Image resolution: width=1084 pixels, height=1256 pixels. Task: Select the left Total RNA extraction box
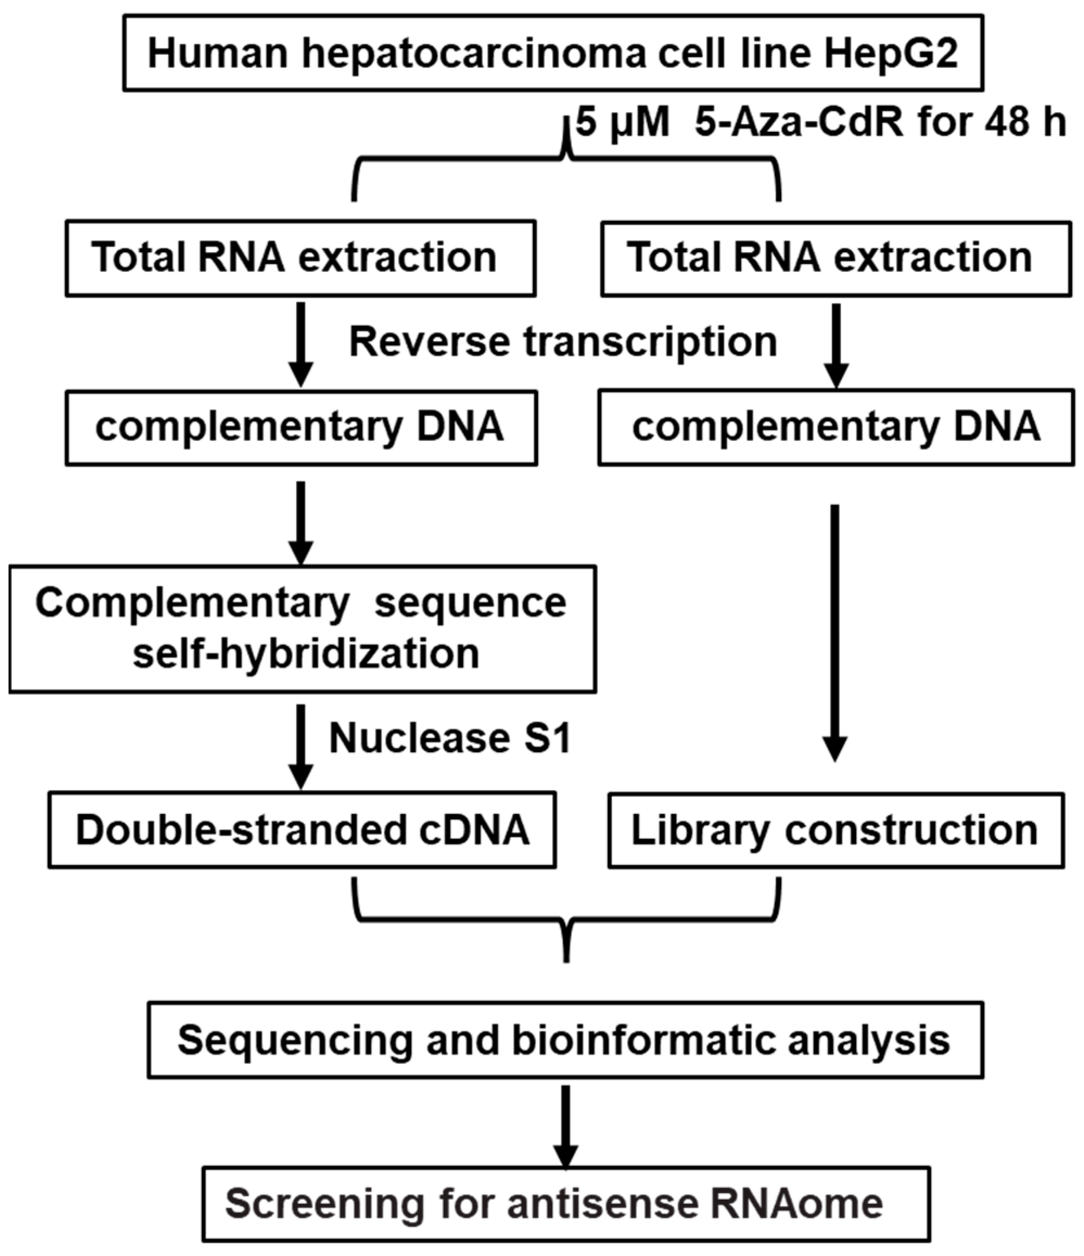(300, 258)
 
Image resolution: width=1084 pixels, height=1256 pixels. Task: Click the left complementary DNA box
(301, 428)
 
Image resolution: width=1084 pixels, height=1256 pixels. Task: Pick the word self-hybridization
(306, 654)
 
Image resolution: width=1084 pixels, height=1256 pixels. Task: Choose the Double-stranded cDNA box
(302, 830)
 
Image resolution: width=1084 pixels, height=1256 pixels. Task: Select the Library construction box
(836, 830)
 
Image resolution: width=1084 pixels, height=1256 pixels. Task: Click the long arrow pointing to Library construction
(835, 630)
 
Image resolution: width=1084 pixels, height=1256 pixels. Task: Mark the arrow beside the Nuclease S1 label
(301, 746)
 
